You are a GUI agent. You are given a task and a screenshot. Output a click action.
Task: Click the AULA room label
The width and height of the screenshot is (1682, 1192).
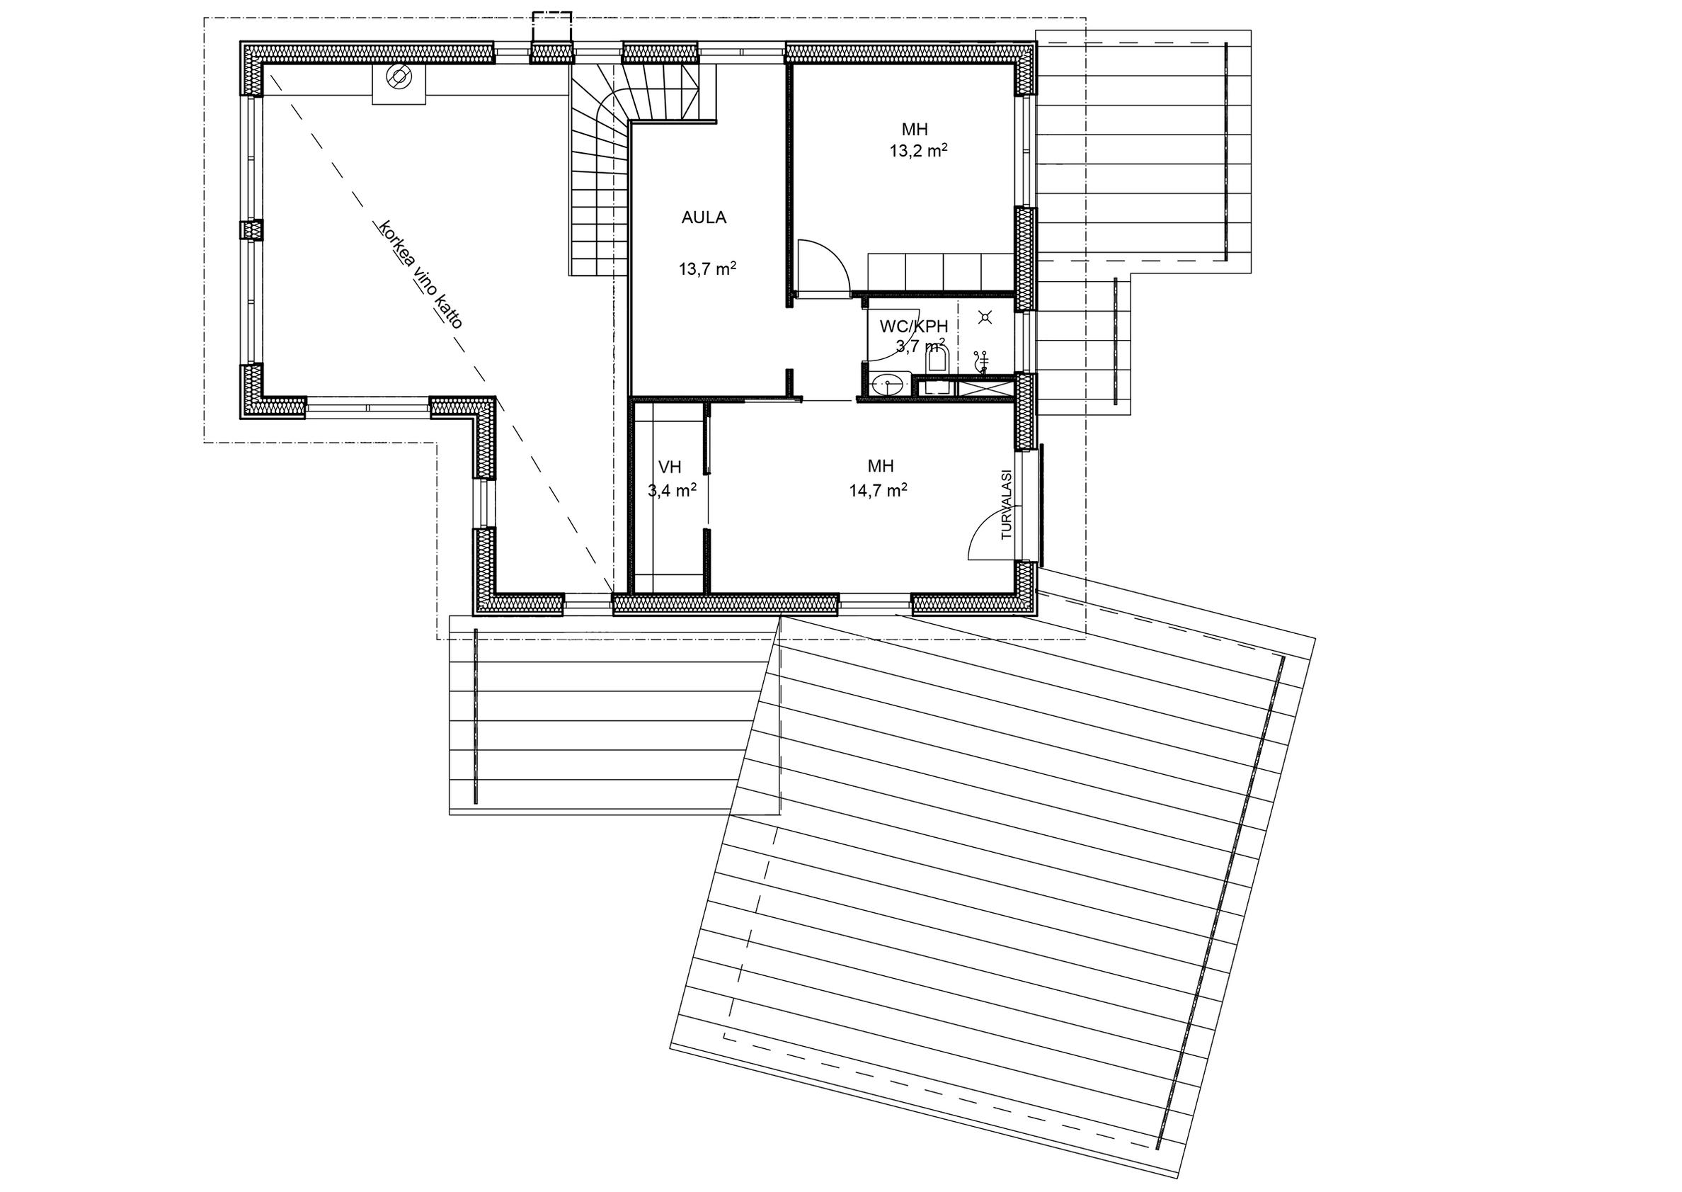[704, 217]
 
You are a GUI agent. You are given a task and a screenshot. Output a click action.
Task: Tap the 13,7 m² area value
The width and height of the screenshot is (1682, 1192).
[707, 268]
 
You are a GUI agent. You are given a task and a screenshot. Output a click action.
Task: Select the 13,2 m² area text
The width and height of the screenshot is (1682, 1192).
[918, 151]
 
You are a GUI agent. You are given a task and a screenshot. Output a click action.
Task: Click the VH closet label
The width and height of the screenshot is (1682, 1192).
[670, 467]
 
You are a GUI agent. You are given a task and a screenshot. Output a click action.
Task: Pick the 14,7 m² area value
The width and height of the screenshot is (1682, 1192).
[878, 490]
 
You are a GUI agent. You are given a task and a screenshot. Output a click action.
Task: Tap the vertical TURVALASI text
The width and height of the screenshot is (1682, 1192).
[1007, 505]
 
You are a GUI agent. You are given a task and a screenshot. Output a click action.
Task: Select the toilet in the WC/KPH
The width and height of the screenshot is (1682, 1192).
[937, 360]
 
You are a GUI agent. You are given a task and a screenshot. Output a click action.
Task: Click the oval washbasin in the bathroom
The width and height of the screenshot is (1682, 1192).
[891, 383]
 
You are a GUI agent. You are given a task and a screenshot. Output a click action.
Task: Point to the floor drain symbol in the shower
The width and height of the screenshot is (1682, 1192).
[985, 317]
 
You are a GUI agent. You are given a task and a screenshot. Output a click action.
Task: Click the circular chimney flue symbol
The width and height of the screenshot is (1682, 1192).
[399, 76]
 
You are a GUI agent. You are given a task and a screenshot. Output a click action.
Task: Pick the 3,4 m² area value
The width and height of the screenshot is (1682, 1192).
[672, 490]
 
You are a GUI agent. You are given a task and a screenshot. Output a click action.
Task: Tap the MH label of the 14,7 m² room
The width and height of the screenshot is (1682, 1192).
[880, 466]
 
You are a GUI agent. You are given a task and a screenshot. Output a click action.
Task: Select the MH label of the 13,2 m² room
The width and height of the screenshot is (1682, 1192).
[915, 130]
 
